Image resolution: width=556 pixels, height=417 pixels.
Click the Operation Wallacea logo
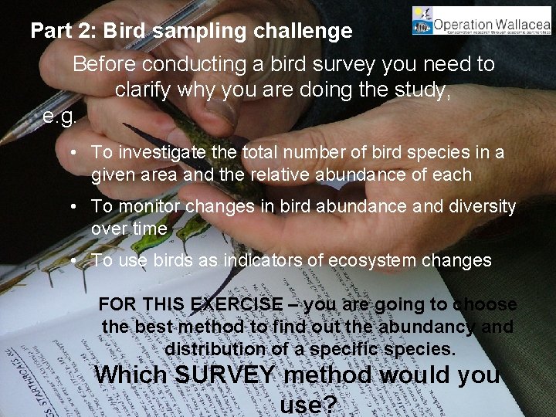click(x=481, y=20)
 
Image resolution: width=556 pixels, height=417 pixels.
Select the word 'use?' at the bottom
click(x=307, y=405)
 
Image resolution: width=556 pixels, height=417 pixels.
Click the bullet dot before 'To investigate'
click(x=72, y=152)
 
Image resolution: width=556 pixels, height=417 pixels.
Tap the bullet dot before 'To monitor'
click(x=72, y=206)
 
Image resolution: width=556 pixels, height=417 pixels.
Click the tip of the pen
click(x=3, y=141)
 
